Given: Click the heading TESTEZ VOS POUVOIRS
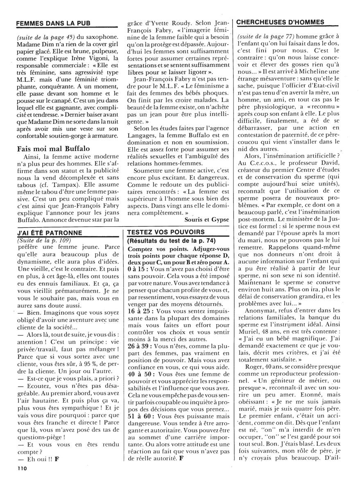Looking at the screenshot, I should (162, 232).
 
